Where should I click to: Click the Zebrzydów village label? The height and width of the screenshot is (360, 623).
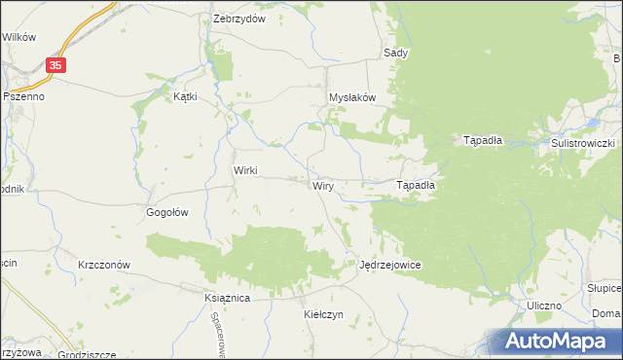(x=239, y=19)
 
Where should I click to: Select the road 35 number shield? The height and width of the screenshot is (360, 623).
(x=57, y=65)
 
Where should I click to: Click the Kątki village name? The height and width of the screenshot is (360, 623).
(x=185, y=97)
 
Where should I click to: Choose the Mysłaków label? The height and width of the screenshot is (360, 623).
(x=351, y=98)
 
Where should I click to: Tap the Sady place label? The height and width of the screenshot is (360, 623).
(x=395, y=53)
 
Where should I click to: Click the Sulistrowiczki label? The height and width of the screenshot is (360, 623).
(x=581, y=143)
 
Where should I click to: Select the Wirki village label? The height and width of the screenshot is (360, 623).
(x=244, y=170)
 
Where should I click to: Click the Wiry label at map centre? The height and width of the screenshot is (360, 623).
(x=324, y=185)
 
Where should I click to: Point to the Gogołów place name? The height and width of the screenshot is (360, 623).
(x=165, y=211)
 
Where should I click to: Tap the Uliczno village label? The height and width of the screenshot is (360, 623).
(x=543, y=306)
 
